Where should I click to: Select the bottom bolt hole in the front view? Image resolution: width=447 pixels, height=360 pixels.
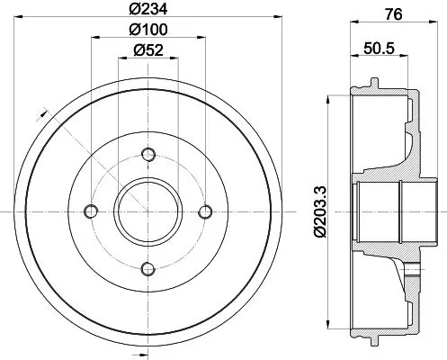click(x=148, y=267)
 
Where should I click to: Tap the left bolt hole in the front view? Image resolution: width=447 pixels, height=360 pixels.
click(x=90, y=211)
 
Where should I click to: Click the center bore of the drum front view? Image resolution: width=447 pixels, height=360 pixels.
click(x=148, y=211)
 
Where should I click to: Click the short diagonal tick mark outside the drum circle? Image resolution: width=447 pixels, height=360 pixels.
click(x=41, y=112)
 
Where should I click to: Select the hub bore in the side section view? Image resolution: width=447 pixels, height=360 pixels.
click(x=379, y=211)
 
